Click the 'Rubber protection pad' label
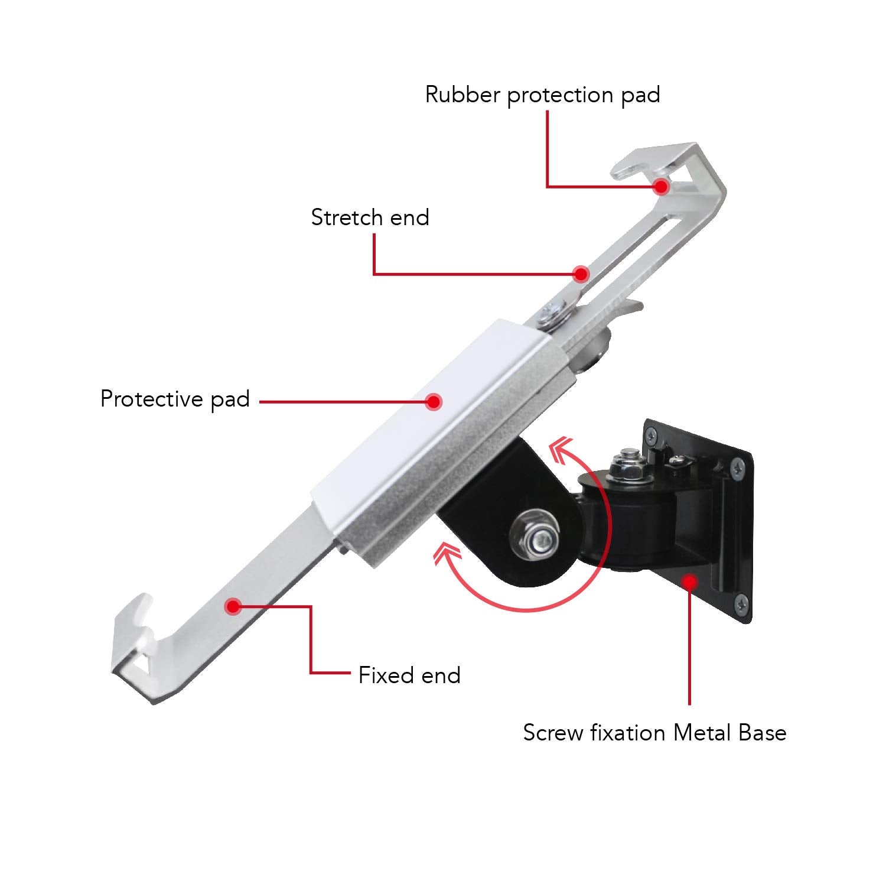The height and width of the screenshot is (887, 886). (542, 95)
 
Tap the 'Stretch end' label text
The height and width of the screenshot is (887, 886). (370, 217)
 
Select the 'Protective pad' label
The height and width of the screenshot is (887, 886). (175, 399)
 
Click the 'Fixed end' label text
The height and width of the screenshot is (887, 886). (409, 675)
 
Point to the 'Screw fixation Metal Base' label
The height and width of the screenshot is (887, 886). (654, 733)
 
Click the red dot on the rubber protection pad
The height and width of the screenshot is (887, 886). (661, 187)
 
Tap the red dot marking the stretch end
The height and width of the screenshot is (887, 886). (581, 274)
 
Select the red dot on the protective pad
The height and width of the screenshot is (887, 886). (434, 402)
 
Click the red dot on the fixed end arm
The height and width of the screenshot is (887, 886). (233, 606)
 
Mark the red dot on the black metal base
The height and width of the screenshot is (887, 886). (689, 582)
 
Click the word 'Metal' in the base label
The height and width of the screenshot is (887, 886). (703, 733)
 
